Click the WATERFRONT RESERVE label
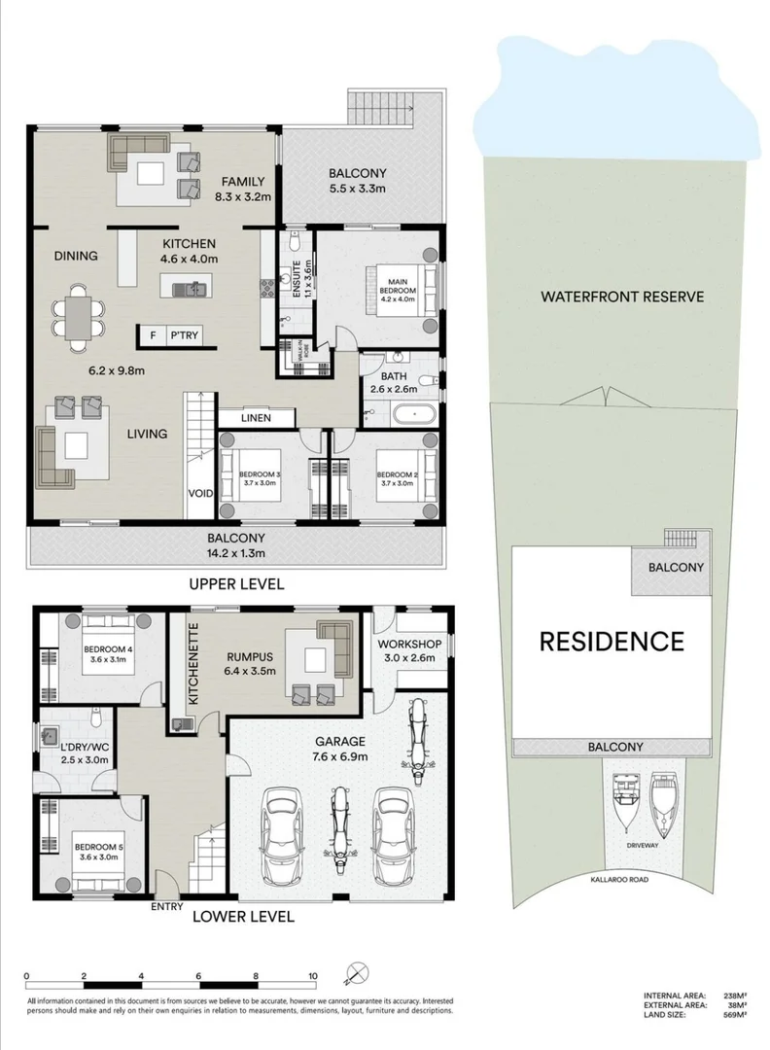[x=621, y=297]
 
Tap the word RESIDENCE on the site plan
[x=612, y=641]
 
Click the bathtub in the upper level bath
[x=415, y=415]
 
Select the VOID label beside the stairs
[x=200, y=494]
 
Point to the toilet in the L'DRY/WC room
[x=94, y=720]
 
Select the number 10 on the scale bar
[x=313, y=975]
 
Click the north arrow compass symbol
[x=356, y=972]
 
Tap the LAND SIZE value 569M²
[x=734, y=1014]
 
